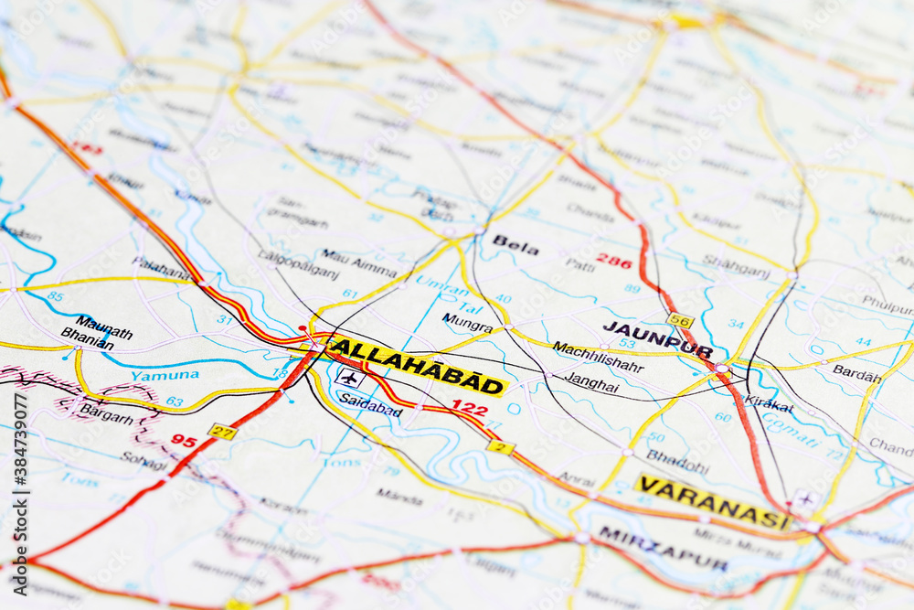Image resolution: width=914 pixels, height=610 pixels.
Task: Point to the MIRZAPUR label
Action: tap(663, 547)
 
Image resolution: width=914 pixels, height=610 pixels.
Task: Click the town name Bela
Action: tap(515, 245)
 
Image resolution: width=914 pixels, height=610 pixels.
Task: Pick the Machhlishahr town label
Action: tap(598, 357)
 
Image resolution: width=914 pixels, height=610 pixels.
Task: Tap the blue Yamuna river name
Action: tap(165, 375)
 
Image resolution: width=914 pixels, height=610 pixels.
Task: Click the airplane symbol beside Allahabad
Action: tap(349, 377)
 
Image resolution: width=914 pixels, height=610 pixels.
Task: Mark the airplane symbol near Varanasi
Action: tap(804, 499)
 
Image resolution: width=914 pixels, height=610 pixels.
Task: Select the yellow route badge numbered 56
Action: tap(679, 320)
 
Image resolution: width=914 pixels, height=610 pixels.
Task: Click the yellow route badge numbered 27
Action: tap(221, 432)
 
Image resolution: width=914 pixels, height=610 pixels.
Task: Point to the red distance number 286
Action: tap(613, 261)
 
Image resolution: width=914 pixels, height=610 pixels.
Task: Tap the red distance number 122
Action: tap(469, 408)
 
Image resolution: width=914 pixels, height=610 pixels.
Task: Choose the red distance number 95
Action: tap(184, 441)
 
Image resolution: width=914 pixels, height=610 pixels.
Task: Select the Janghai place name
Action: tap(591, 381)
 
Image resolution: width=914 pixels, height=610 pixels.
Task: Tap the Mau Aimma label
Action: tap(359, 263)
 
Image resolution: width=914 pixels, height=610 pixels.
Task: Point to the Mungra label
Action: tap(467, 322)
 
